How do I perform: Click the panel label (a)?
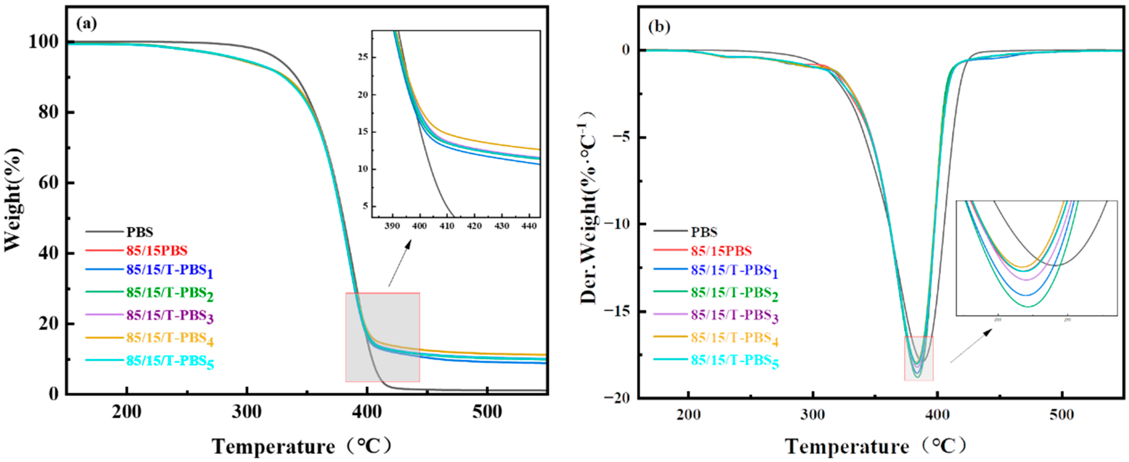pos(86,24)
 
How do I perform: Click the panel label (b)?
pos(659,27)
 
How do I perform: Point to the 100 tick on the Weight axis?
pos(43,42)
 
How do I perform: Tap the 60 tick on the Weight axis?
pos(48,183)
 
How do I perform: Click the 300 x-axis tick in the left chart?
pos(247,412)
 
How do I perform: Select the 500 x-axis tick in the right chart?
pos(1061,414)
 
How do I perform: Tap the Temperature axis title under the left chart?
pos(302,447)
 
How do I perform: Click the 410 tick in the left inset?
pos(447,226)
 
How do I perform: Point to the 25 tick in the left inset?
pos(363,57)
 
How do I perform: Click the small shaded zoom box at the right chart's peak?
pos(919,359)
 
